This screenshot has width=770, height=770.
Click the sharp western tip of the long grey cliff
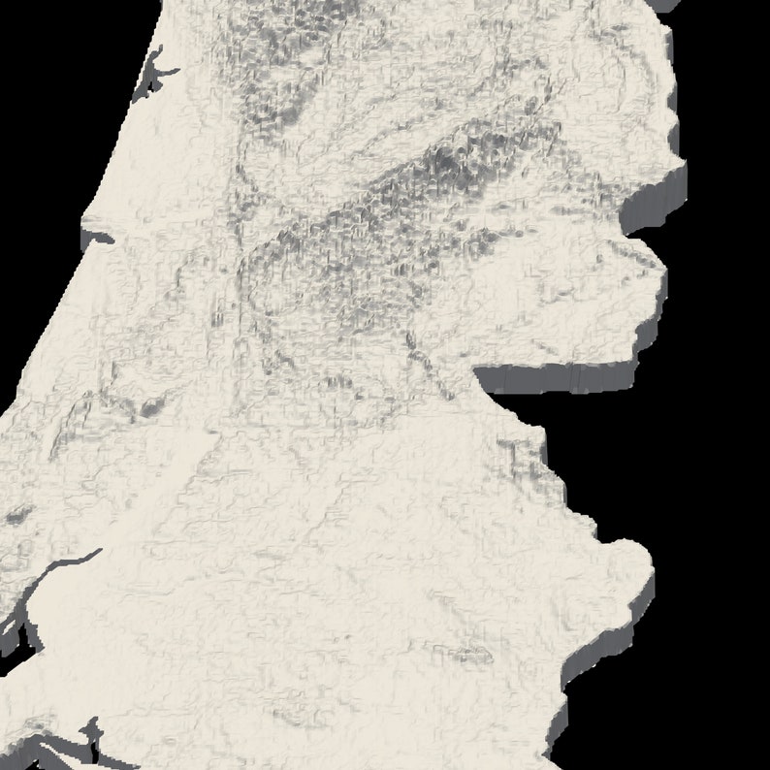coord(477,370)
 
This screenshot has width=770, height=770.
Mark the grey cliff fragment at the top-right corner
coord(667,5)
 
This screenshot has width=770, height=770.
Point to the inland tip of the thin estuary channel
coord(100,551)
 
